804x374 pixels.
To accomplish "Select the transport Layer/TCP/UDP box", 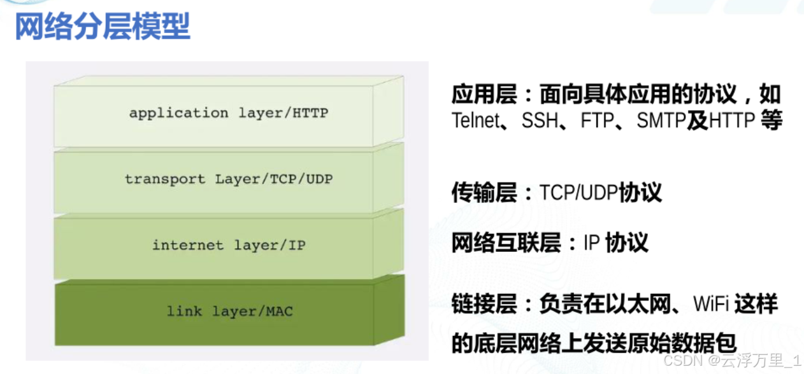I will tap(229, 180).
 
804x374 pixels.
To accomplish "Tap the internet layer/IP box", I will tap(229, 246).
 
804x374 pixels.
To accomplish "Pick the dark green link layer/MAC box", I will tap(229, 312).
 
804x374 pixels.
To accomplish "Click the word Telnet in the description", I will tap(475, 120).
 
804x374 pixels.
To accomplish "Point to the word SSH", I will tap(540, 120).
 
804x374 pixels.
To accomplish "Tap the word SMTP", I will tap(661, 120).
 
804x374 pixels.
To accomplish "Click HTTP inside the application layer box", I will tap(310, 113).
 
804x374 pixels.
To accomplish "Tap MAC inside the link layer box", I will tap(280, 312).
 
